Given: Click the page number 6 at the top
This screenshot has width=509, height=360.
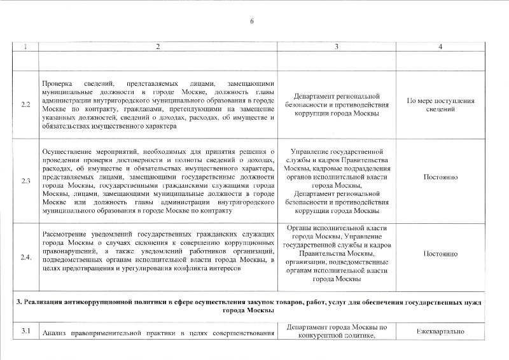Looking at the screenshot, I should (252, 22).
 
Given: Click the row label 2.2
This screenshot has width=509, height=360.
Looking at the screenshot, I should (25, 104).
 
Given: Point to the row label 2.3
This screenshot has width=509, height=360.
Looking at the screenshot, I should (25, 181).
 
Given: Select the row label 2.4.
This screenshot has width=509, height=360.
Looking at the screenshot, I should (26, 257).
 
